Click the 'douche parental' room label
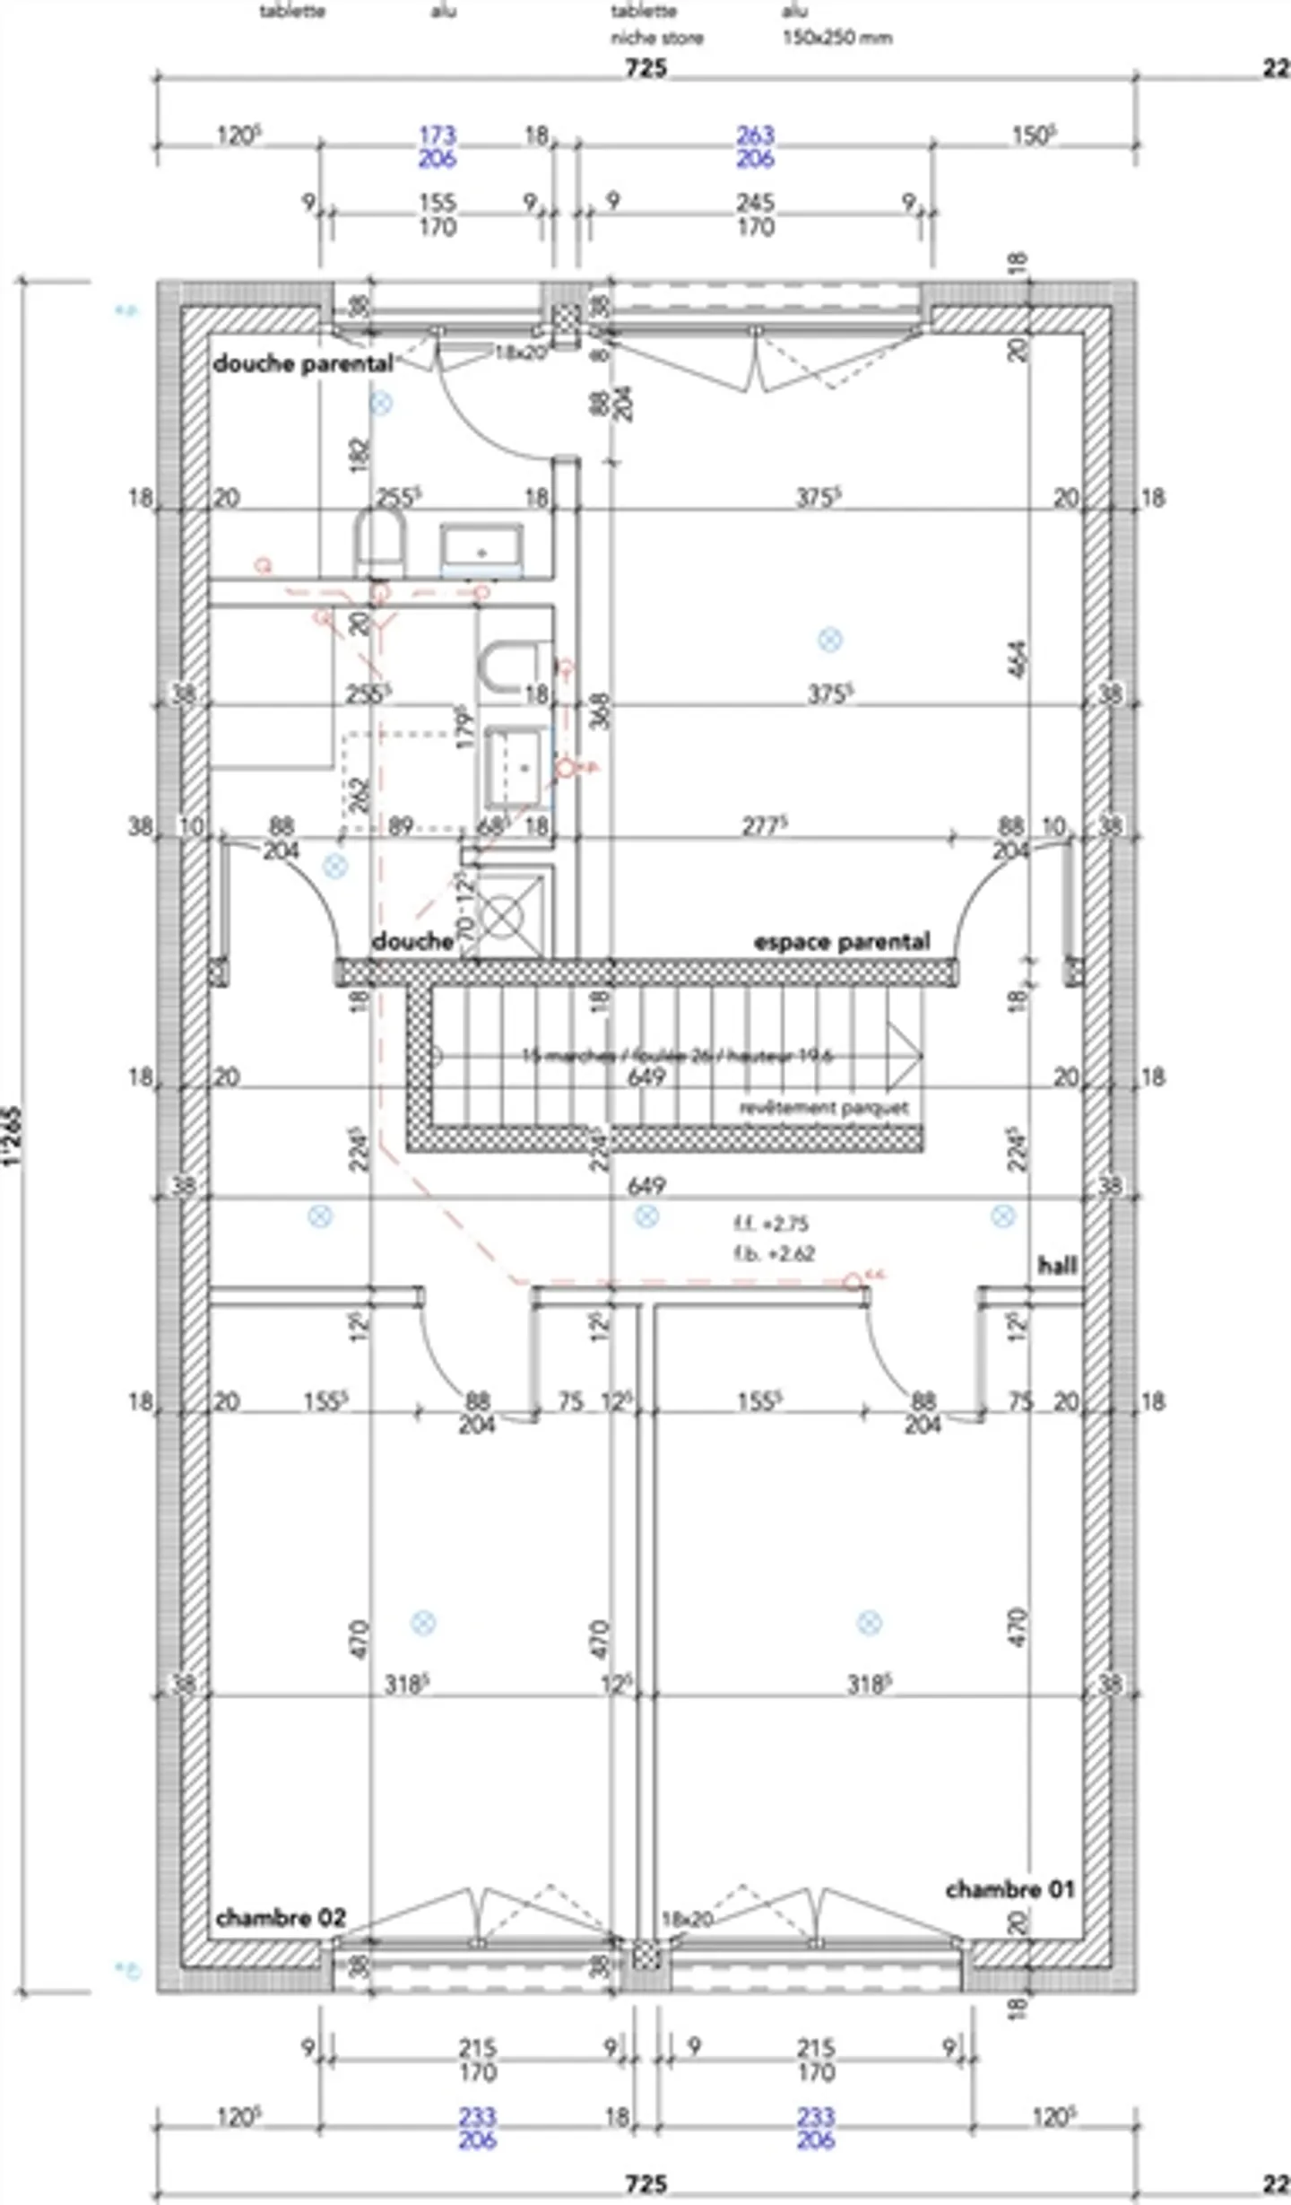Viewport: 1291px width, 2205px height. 303,363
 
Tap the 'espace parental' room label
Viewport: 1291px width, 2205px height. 841,942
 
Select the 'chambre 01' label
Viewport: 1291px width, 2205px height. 1009,1889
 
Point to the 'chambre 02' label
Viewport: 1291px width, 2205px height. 281,1918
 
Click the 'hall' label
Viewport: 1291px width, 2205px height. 1057,1266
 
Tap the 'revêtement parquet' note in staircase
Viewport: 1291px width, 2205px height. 824,1108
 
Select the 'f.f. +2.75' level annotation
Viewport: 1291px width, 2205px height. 771,1224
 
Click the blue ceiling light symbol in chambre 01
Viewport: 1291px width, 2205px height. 869,1622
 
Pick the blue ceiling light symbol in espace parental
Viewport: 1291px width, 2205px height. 830,640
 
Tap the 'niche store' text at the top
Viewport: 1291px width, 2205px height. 657,38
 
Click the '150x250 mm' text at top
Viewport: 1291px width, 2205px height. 837,38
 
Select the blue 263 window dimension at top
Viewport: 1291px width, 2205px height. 755,135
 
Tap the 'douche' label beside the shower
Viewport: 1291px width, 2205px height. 412,941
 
